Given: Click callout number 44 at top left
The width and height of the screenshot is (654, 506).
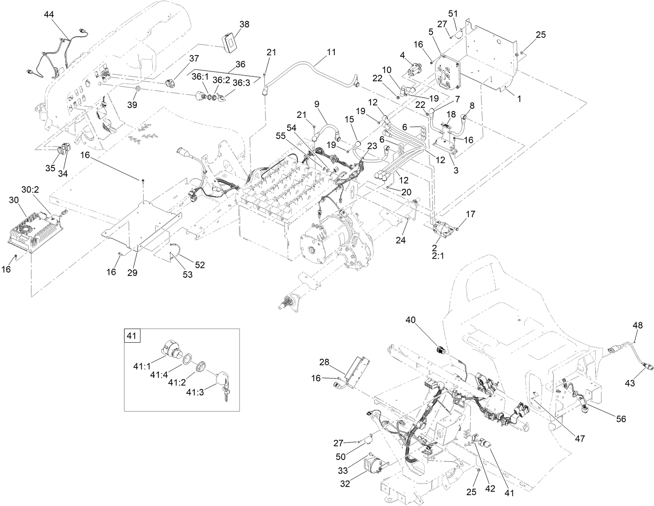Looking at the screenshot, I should point(49,14).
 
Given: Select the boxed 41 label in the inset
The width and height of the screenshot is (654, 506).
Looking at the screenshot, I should point(132,335).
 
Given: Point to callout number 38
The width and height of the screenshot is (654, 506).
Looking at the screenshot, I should point(244,24).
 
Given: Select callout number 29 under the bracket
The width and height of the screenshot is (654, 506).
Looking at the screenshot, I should point(132,273).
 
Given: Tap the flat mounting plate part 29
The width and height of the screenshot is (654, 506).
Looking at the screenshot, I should point(141,225).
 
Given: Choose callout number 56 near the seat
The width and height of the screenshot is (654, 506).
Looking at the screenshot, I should point(621,419).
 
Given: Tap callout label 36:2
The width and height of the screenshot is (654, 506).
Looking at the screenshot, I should point(221,80).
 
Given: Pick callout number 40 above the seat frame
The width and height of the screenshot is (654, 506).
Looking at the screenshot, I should point(411,320).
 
